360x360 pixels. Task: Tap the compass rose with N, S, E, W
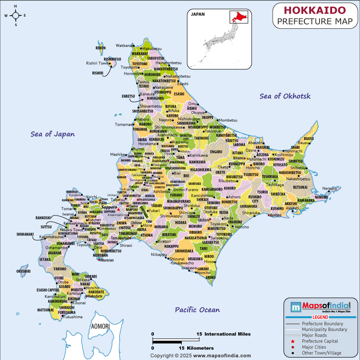[15, 15]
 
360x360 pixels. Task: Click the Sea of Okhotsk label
[285, 96]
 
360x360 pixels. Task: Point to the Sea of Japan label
[53, 134]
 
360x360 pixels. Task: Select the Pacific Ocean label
[197, 310]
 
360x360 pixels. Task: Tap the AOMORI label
[100, 326]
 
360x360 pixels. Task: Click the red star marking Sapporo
[119, 209]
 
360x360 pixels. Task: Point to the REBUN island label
[101, 48]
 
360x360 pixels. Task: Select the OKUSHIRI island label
[23, 271]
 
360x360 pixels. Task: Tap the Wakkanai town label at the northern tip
[124, 45]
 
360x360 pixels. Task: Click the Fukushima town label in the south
[73, 317]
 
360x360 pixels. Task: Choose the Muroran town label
[107, 260]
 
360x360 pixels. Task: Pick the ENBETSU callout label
[128, 96]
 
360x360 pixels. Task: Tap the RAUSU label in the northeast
[309, 139]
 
